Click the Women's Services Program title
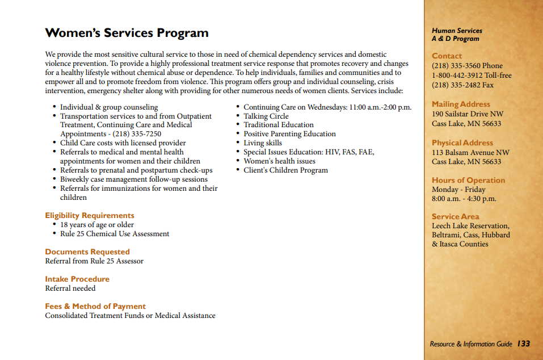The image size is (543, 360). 127,33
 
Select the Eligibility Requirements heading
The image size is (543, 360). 90,215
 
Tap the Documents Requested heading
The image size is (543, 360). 87,252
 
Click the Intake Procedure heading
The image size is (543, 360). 77,279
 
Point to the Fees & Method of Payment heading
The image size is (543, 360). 95,306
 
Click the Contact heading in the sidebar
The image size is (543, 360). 447,56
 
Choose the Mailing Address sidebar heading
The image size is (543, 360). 461,104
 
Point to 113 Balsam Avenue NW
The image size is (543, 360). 470,152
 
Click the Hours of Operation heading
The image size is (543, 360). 468,180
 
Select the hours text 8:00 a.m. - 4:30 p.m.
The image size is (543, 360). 464,199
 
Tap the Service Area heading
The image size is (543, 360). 455,216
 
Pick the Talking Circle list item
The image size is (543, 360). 266,116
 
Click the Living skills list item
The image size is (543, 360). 263,143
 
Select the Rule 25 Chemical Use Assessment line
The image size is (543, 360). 115,233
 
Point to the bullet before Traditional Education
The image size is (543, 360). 239,125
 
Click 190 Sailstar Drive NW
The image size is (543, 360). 467,114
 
